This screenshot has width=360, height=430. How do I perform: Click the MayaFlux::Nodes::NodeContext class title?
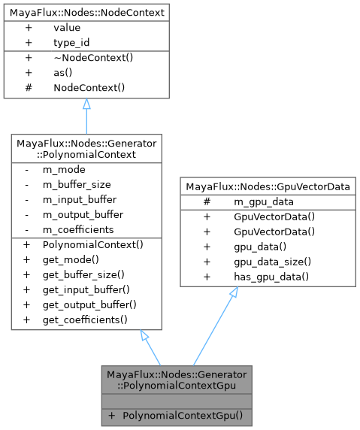86,12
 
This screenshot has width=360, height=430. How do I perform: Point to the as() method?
63,73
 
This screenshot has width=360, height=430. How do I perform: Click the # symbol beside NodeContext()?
29,88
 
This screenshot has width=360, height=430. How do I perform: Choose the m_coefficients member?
78,229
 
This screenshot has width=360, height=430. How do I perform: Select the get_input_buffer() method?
86,290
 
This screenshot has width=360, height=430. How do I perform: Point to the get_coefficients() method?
85,320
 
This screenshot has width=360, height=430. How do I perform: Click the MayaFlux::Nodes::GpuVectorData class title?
267,186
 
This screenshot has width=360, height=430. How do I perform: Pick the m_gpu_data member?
263,201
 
